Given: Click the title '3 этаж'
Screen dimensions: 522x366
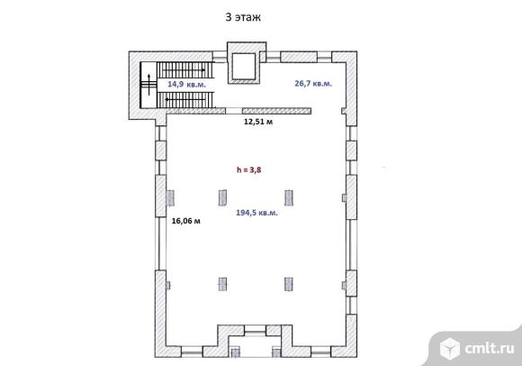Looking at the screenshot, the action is click(243, 17).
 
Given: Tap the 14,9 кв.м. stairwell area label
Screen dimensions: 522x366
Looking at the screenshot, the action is click(187, 84).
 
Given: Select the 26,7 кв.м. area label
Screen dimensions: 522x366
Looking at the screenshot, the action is click(313, 83).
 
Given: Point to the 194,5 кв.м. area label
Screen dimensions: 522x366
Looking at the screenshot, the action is click(256, 213).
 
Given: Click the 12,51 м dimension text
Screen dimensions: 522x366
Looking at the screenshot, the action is click(258, 122).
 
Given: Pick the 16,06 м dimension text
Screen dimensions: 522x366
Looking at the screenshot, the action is click(186, 221).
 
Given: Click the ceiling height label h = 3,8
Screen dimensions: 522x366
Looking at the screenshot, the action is click(249, 169).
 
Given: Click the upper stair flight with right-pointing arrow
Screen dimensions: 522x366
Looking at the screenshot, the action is click(184, 70).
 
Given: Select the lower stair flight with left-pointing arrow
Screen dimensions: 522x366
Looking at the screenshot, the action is click(184, 100).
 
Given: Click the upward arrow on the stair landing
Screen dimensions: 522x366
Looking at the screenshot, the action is click(148, 85).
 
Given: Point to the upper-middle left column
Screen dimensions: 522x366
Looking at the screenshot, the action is click(222, 197).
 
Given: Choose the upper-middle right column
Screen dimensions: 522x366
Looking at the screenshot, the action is click(289, 197).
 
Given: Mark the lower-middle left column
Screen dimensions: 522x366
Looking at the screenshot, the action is click(222, 284).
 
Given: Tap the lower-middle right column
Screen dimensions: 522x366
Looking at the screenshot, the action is click(289, 284).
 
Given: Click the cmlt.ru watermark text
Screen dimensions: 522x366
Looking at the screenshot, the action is click(490, 348).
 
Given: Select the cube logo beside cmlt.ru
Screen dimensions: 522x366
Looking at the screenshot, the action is click(450, 348).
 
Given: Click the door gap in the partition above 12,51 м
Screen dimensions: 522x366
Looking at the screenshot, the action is click(234, 111).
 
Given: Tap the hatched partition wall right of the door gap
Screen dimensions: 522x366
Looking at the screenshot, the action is click(276, 111).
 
